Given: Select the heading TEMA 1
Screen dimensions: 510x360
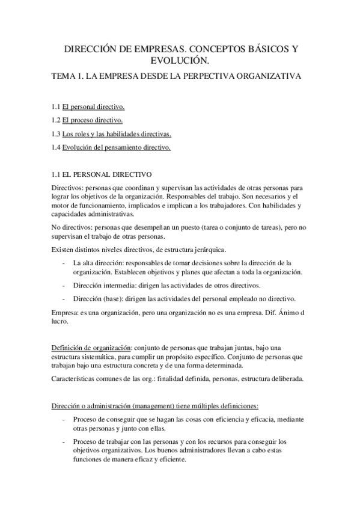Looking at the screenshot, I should click(x=68, y=76).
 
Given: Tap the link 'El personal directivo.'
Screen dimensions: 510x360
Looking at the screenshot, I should click(x=93, y=106).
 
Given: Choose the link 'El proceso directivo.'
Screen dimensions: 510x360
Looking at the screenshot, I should click(x=93, y=120).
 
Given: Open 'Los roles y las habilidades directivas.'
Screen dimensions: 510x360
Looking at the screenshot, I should click(x=117, y=134).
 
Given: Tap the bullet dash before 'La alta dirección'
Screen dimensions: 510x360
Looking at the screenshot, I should click(x=64, y=263).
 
